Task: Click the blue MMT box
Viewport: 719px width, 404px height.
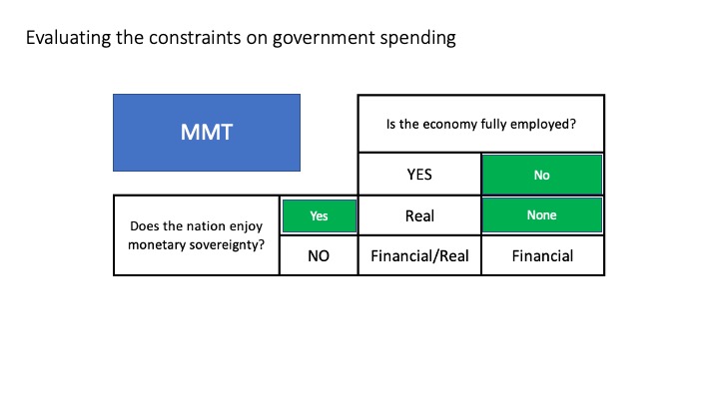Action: point(207,133)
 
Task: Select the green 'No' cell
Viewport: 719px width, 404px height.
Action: point(542,175)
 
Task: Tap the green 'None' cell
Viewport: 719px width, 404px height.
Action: point(542,215)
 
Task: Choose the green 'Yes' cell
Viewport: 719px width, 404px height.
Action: point(320,215)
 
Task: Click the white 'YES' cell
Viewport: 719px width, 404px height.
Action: point(419,175)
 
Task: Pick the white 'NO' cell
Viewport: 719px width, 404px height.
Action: point(319,255)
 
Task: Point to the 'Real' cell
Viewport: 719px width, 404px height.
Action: point(419,215)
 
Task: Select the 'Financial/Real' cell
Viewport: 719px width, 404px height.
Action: point(419,255)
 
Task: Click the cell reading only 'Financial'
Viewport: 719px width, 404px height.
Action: point(542,255)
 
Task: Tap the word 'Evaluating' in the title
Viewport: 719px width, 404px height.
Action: point(68,38)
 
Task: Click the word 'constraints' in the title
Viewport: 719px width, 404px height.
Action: point(195,38)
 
